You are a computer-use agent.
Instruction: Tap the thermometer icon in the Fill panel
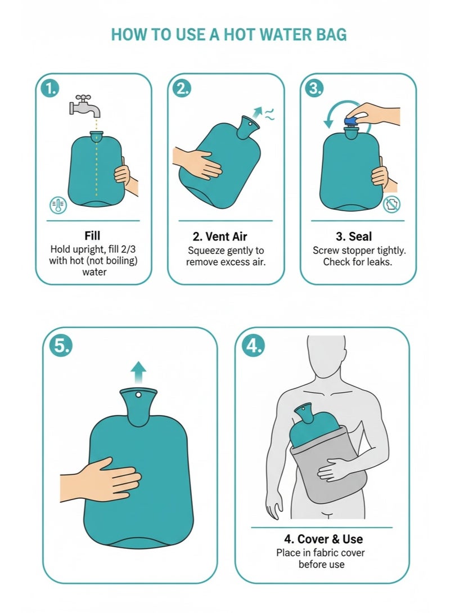(x=58, y=204)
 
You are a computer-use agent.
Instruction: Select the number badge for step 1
(x=51, y=88)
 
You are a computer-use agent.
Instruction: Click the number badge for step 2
(x=182, y=88)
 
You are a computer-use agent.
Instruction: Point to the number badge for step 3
(x=314, y=88)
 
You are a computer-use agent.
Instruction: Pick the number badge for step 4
(x=253, y=346)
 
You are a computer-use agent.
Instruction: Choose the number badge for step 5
(x=60, y=346)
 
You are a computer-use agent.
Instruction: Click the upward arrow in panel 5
(x=138, y=372)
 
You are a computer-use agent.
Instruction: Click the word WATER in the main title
(x=269, y=34)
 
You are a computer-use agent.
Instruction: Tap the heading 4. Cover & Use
(x=323, y=539)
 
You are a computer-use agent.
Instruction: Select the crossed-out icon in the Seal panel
(x=391, y=204)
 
